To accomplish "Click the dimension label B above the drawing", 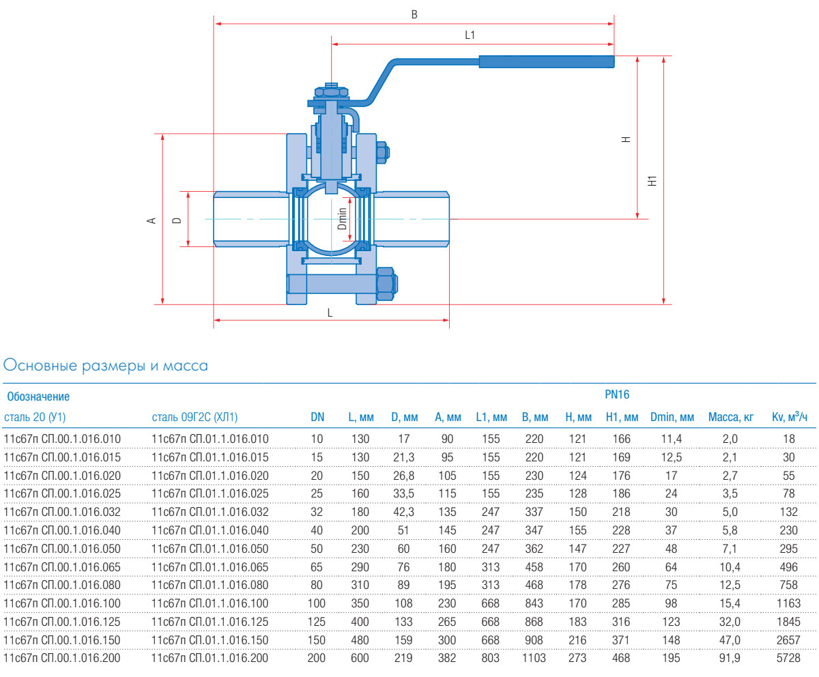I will click(x=414, y=14).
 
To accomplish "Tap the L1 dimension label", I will click(x=470, y=35).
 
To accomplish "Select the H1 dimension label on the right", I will click(x=652, y=181).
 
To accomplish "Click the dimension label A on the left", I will click(x=152, y=220).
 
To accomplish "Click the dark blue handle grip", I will click(x=546, y=62).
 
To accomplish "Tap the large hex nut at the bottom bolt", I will click(x=386, y=284).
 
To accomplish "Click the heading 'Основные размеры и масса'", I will click(x=106, y=366).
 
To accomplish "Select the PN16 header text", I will click(x=617, y=394).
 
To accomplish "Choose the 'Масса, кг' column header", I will click(x=731, y=417).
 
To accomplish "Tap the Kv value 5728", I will click(x=788, y=658).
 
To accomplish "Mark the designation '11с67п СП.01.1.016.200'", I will click(x=210, y=658).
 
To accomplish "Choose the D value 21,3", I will click(x=404, y=457).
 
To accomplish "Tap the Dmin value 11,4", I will click(x=672, y=438).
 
